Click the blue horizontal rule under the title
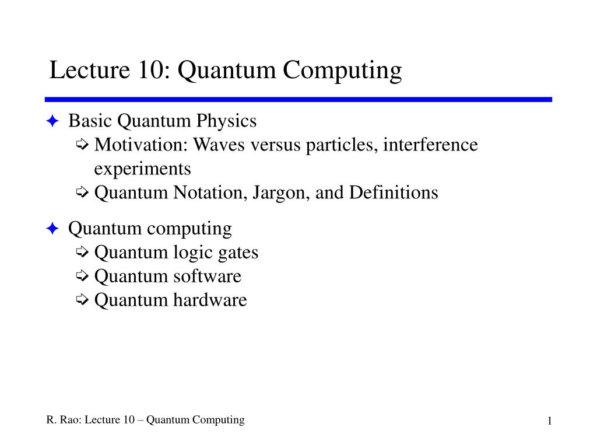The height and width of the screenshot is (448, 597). click(x=298, y=100)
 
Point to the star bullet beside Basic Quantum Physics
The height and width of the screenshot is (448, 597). click(x=52, y=121)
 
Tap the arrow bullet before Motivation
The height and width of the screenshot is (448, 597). click(x=82, y=145)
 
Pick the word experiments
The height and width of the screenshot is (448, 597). click(x=142, y=169)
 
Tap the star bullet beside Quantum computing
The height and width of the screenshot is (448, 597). click(x=52, y=229)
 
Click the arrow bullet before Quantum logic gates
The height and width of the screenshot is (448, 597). click(x=82, y=253)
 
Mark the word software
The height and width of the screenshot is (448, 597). click(x=207, y=276)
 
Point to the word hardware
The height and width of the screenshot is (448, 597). click(x=210, y=300)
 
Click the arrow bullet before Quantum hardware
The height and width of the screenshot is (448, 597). click(x=82, y=300)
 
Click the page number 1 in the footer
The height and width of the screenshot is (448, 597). click(x=549, y=422)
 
